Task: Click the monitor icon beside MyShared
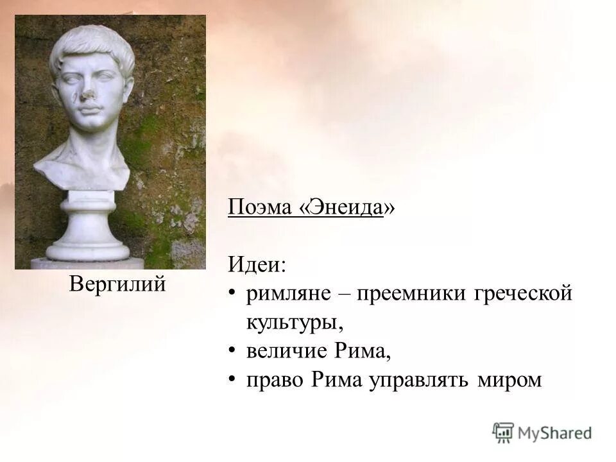pyautogui.click(x=504, y=432)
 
